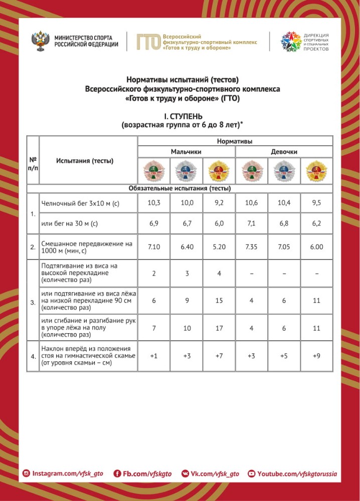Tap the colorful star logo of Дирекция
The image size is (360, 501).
tap(290, 42)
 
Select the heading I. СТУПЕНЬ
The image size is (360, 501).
tap(179, 116)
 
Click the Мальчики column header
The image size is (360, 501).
tap(186, 151)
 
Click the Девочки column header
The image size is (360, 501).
tap(284, 151)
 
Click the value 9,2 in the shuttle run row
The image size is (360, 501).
tap(218, 203)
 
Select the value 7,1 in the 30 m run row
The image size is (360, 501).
tap(251, 223)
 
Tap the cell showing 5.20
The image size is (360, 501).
tap(218, 247)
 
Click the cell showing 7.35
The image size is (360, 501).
tap(251, 247)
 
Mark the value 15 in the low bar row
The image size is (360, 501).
tap(218, 301)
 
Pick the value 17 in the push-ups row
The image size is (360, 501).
tap(218, 328)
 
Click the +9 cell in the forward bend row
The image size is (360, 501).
tap(316, 356)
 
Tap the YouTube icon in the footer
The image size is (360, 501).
tap(252, 473)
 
